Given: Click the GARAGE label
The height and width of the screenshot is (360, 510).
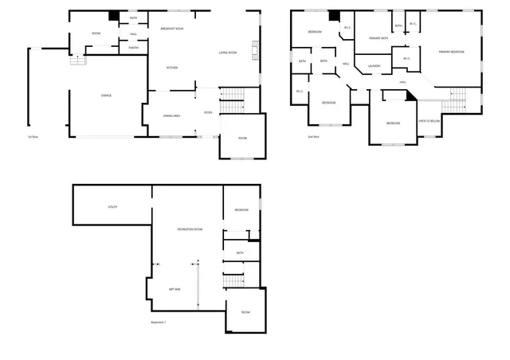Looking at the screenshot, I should (106, 96).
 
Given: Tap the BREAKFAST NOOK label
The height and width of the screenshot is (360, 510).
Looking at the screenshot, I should (172, 29).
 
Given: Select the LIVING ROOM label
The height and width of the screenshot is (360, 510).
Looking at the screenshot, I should (228, 53).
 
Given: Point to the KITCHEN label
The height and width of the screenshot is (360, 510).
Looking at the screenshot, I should (171, 68).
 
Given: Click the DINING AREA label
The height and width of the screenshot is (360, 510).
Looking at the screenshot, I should (171, 116).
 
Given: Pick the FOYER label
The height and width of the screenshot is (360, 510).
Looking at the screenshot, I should (208, 112).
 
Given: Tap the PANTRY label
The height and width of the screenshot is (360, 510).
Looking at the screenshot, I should (133, 48).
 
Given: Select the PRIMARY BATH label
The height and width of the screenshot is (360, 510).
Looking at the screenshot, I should (379, 37).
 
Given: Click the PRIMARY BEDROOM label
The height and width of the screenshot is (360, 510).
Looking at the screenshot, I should (451, 52).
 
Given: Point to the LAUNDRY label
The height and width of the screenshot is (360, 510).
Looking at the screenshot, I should (375, 66).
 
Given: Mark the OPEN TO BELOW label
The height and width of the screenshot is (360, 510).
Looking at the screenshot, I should (430, 121).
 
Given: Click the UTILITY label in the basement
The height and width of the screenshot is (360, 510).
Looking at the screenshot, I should (112, 207).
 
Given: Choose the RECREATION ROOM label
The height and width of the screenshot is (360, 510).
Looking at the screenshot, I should (190, 229).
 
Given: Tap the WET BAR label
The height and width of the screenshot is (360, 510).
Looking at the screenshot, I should (174, 288).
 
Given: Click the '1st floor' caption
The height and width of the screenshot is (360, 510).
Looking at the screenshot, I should (33, 137).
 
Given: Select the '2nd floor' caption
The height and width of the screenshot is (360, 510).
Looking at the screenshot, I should (313, 137).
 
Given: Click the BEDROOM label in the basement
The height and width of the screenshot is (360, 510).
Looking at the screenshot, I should (241, 209).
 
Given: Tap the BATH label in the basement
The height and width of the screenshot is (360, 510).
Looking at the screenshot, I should (240, 253).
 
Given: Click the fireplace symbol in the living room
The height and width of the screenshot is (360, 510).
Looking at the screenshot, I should (256, 51).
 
